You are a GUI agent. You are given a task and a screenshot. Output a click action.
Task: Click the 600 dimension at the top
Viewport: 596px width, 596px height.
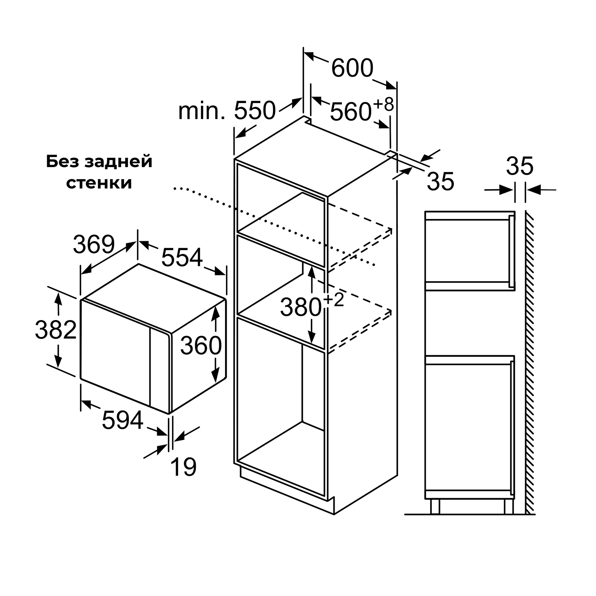(x=352, y=68)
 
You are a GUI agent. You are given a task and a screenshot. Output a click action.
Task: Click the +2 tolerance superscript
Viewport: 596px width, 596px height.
(x=333, y=300)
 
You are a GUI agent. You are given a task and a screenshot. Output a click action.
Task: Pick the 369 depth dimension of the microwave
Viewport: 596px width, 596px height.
(x=94, y=244)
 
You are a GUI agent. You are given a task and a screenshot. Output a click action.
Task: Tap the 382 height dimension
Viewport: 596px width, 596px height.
(x=56, y=329)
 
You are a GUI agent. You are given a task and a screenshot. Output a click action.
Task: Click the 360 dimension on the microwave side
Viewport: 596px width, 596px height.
(x=201, y=346)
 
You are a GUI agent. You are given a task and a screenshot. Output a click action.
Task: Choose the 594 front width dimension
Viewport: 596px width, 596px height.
(x=123, y=420)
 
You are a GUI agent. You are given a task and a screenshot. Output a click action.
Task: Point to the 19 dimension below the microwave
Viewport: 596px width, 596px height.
(x=184, y=467)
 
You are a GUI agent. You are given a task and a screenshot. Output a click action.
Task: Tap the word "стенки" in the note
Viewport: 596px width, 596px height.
(x=99, y=183)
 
